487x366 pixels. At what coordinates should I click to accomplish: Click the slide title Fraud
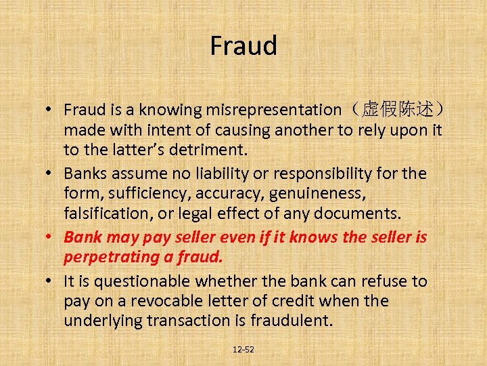click(x=243, y=46)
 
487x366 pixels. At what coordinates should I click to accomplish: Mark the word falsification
click(x=110, y=214)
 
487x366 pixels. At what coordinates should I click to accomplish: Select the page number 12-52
click(x=243, y=350)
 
